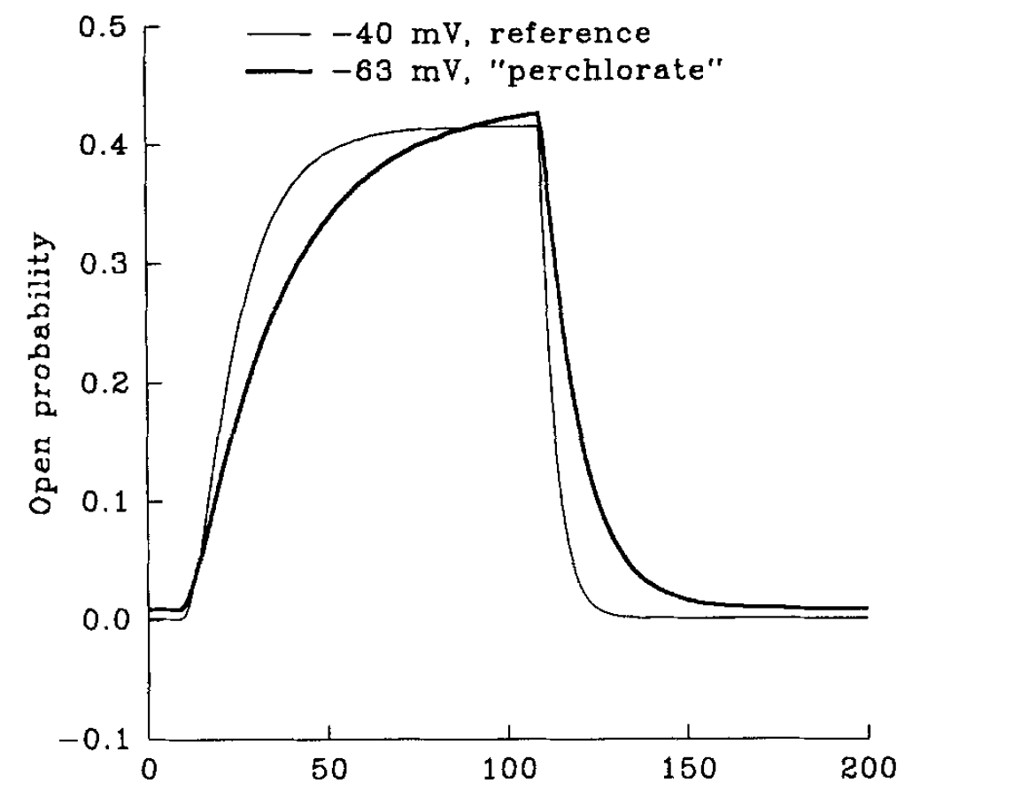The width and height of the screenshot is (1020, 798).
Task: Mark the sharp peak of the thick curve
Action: (537, 113)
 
